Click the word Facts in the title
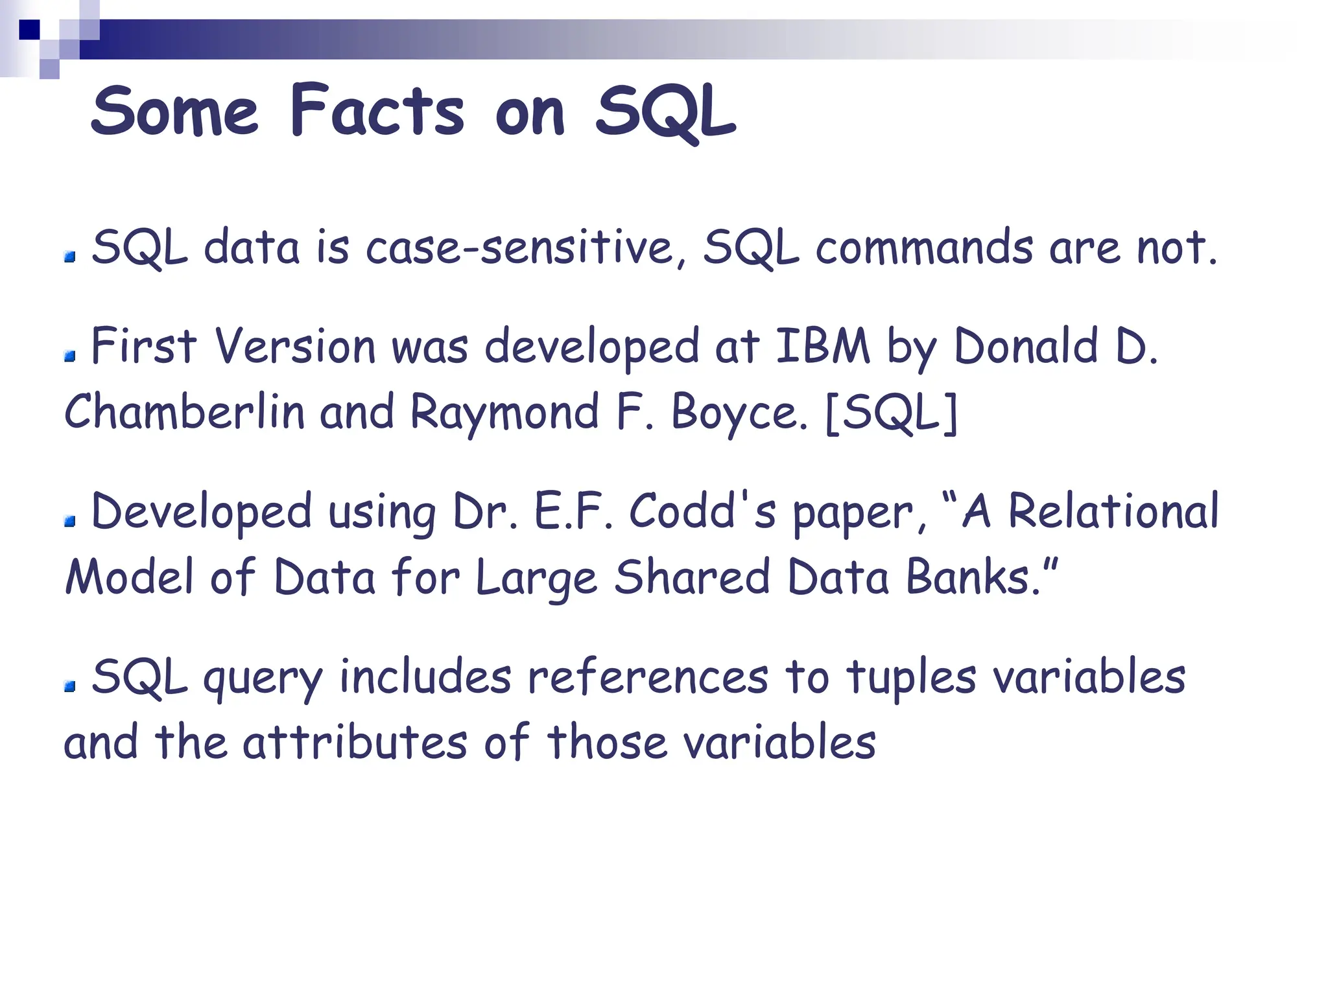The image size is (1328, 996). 377,111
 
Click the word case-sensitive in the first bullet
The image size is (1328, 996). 520,248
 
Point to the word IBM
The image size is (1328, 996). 822,346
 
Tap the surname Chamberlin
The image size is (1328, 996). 184,412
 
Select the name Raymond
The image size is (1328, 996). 504,413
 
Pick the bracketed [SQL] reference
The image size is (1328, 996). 892,413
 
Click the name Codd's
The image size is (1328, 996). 702,512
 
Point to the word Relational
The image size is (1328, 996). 1113,512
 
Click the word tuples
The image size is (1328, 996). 910,678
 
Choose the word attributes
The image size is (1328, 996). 355,743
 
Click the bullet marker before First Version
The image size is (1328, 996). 70,356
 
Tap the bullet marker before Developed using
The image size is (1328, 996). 70,521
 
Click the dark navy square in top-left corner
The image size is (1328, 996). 30,30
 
